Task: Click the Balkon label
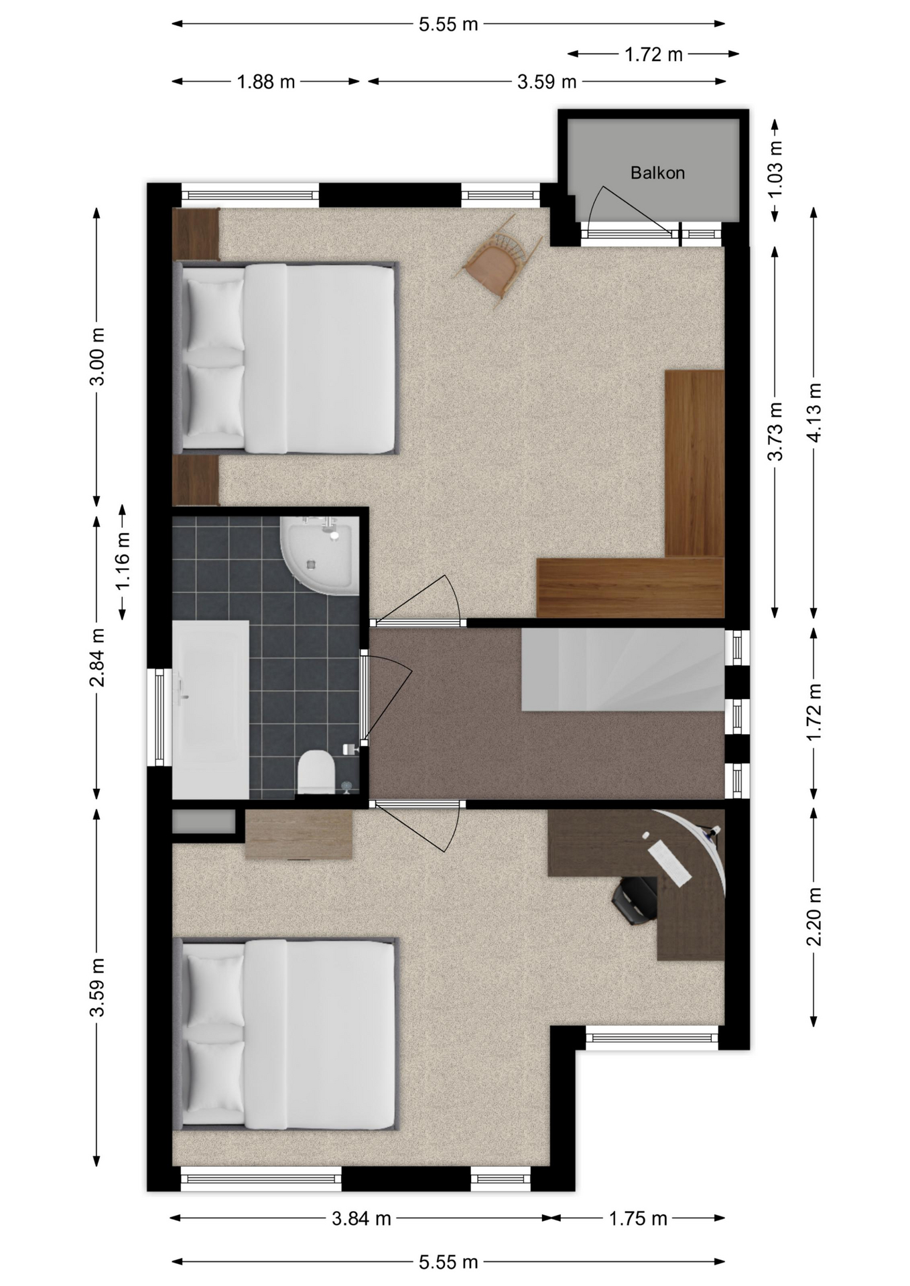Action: pyautogui.click(x=657, y=173)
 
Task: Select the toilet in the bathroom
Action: pyautogui.click(x=315, y=773)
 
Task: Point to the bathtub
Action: pyautogui.click(x=210, y=709)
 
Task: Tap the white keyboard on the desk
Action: pyautogui.click(x=670, y=864)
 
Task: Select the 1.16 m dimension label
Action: pyautogui.click(x=123, y=561)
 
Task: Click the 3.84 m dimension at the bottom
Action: pyautogui.click(x=361, y=1218)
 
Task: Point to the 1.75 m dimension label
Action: pyautogui.click(x=638, y=1218)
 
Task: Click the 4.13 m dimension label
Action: pyautogui.click(x=814, y=413)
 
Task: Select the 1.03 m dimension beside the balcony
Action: pyautogui.click(x=775, y=170)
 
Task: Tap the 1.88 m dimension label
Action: pyautogui.click(x=266, y=82)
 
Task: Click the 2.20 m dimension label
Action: pyautogui.click(x=814, y=916)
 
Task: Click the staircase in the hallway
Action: pyautogui.click(x=623, y=669)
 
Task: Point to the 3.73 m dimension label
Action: pyautogui.click(x=775, y=431)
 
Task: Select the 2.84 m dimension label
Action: pyautogui.click(x=97, y=658)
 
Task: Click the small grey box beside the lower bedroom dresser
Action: pyautogui.click(x=204, y=822)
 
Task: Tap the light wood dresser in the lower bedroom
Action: pyautogui.click(x=299, y=835)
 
